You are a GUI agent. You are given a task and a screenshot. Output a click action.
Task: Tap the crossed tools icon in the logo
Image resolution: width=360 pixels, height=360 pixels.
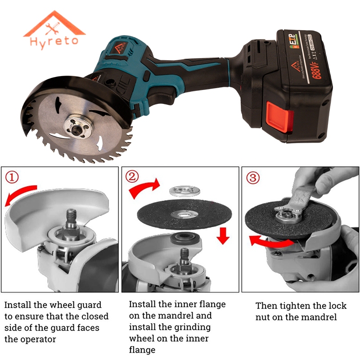pyautogui.click(x=54, y=28)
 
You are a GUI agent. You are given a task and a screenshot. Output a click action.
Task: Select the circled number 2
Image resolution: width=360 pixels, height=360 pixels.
pyautogui.click(x=132, y=177)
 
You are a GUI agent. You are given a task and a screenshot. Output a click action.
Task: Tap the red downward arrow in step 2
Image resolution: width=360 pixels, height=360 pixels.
pyautogui.click(x=220, y=234)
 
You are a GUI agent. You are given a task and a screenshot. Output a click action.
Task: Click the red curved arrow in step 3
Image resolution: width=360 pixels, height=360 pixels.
pyautogui.click(x=270, y=242)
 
